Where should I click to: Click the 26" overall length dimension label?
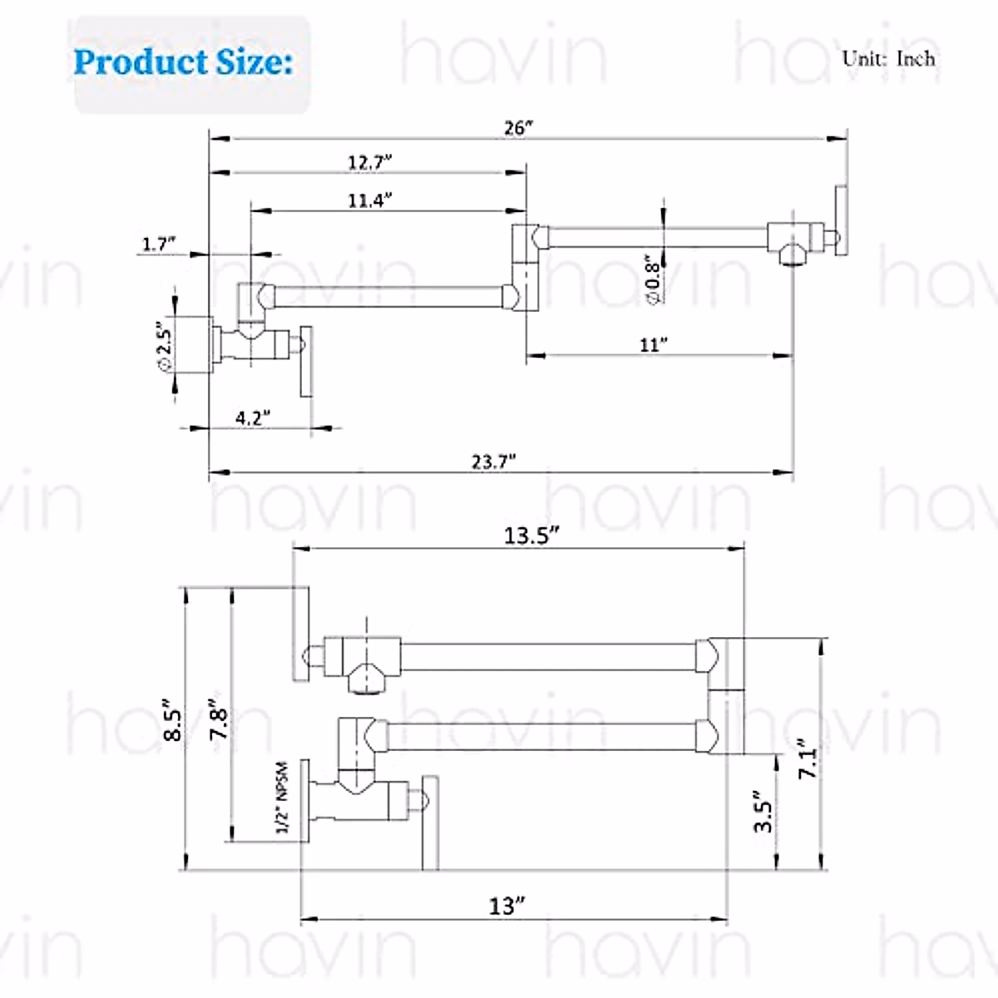pos(518,128)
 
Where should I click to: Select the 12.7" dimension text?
pos(370,163)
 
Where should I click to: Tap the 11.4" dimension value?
pos(370,200)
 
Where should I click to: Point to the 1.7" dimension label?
pos(159,244)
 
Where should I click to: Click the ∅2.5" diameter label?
pos(165,346)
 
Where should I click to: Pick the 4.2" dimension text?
pos(253,417)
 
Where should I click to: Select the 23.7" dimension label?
pos(493,462)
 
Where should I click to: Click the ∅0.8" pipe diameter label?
pos(653,279)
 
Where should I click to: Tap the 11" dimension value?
pos(654,345)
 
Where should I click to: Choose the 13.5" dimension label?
pos(532,536)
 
